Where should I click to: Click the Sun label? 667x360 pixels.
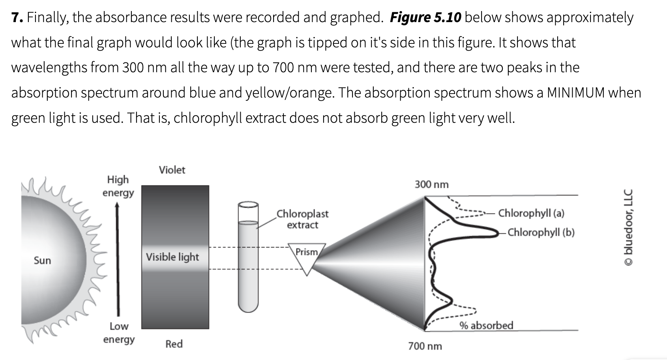[x=42, y=261]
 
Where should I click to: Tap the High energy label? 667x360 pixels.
[x=118, y=186]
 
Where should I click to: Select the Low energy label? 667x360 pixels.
[x=119, y=333]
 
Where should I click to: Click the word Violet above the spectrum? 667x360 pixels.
[x=172, y=170]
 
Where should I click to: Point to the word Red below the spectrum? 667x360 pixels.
[x=174, y=344]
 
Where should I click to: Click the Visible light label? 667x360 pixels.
[x=172, y=257]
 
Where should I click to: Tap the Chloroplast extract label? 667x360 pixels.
[x=302, y=219]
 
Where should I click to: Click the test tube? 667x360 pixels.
[x=248, y=257]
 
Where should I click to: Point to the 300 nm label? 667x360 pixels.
[x=431, y=184]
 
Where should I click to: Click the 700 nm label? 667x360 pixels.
[x=425, y=346]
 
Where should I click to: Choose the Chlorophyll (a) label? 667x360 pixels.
[x=531, y=213]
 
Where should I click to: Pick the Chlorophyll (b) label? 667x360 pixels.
[x=541, y=232]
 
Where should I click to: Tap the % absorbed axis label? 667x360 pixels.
[x=486, y=326]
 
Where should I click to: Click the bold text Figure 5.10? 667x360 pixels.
[x=425, y=17]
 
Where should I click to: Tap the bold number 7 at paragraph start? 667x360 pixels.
[x=15, y=17]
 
